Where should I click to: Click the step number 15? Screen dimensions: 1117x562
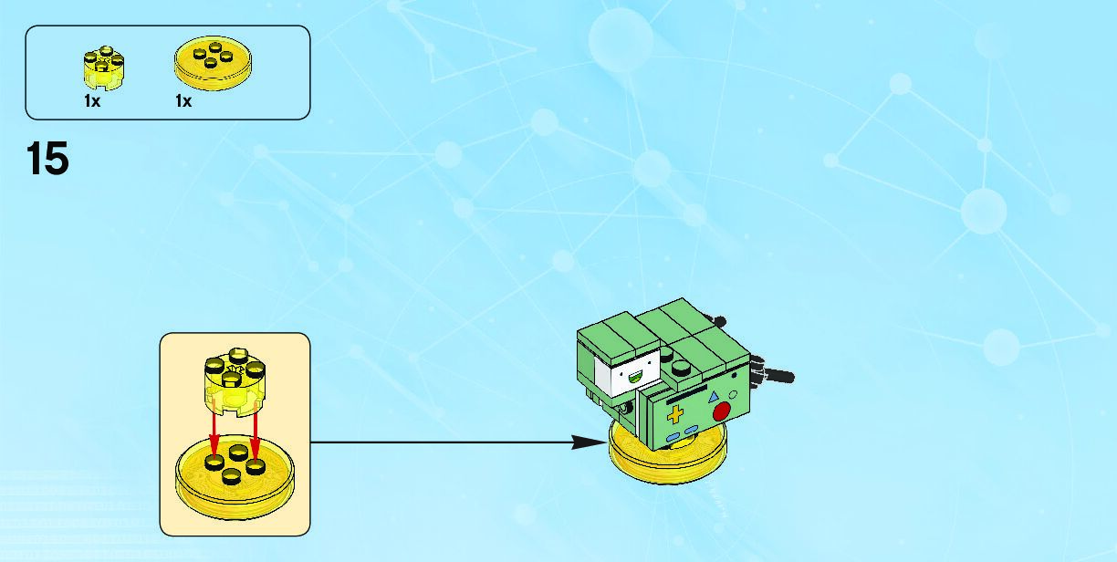coord(48,159)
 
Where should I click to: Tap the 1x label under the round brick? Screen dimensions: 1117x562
coord(92,102)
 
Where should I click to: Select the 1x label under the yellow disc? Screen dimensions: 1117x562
coord(183,102)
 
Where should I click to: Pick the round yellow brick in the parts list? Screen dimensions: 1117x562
coord(102,69)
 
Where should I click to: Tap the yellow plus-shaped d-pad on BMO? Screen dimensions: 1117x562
coord(675,417)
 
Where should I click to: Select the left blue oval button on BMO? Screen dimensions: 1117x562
coord(673,438)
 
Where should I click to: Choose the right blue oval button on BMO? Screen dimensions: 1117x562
coord(693,430)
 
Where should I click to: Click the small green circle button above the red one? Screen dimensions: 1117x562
coord(732,393)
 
